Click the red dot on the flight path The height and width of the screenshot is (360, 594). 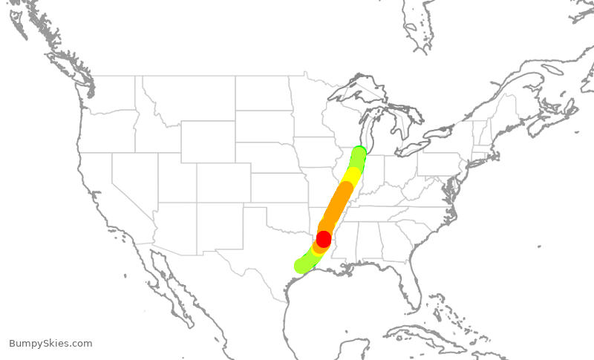coord(324,239)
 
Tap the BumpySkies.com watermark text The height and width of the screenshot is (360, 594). coord(50,344)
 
